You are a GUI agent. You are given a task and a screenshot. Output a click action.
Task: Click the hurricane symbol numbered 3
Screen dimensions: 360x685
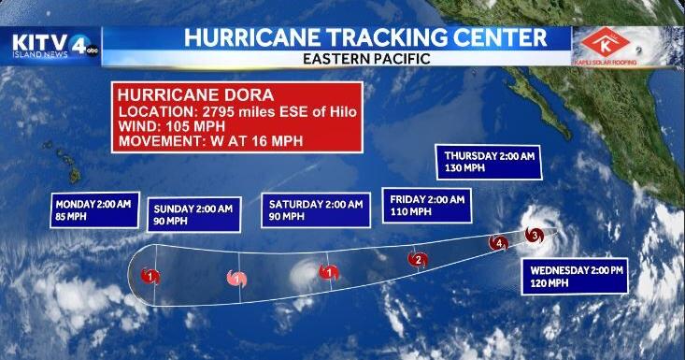(x=534, y=236)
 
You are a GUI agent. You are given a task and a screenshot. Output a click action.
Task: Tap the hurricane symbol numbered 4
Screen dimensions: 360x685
(x=499, y=245)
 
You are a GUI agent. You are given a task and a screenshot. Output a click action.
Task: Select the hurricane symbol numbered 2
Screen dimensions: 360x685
(x=420, y=259)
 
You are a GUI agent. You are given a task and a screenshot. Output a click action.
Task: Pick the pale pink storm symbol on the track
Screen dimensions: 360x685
(x=236, y=278)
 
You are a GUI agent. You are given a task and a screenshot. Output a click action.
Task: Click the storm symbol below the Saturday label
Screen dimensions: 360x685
(x=328, y=272)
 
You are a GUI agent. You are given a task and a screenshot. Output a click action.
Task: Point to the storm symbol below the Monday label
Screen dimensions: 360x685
(x=150, y=275)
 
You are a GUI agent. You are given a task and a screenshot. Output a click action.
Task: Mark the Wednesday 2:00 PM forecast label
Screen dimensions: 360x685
(x=571, y=276)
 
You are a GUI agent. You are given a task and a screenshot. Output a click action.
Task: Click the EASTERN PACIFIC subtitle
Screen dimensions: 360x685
(x=366, y=59)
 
